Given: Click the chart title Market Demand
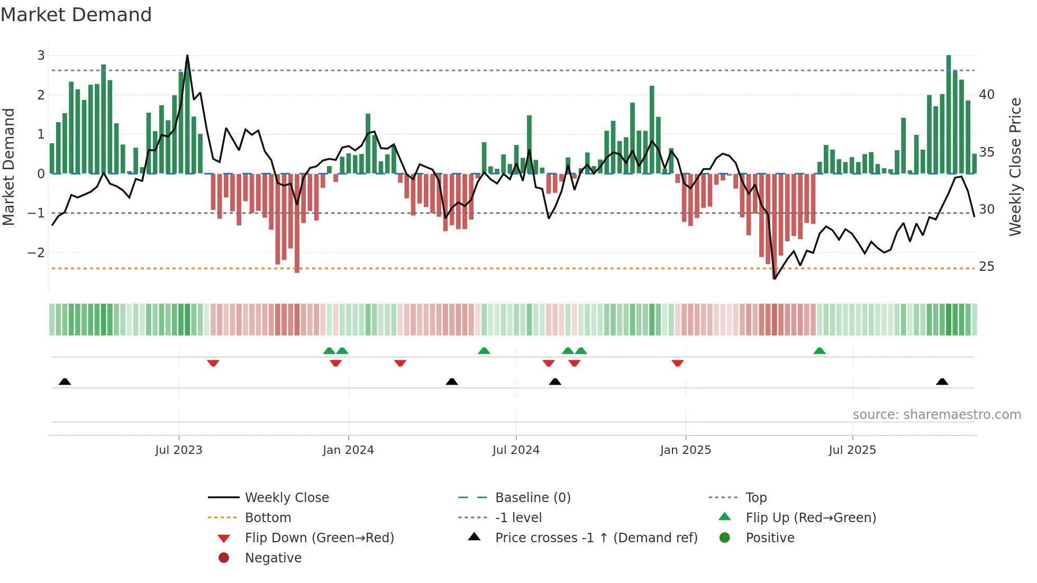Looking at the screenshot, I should [x=76, y=15].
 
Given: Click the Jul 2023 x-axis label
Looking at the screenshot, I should [x=178, y=450].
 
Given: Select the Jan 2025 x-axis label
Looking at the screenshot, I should [x=685, y=450].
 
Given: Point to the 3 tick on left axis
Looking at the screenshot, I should [x=41, y=56].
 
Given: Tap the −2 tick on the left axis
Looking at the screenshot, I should [x=37, y=253].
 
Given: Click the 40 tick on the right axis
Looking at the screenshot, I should [x=987, y=95].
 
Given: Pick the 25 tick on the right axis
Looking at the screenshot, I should [x=987, y=267].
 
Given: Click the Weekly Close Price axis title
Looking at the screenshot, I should [x=1015, y=167].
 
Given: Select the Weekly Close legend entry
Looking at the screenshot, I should [x=286, y=498].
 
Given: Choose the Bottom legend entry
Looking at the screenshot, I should [x=268, y=518].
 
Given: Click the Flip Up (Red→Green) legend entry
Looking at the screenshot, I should [x=811, y=518].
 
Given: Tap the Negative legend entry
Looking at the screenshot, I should [x=273, y=558].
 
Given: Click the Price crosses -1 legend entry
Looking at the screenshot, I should [x=596, y=538].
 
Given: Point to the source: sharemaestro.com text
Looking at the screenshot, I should [x=936, y=415].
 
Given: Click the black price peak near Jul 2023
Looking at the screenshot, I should [x=187, y=56].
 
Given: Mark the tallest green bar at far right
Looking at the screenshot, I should [x=949, y=114].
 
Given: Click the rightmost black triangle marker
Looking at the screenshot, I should [x=942, y=382].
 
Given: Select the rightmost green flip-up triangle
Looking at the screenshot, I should [x=820, y=351].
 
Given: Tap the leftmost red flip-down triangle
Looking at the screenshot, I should [x=213, y=363].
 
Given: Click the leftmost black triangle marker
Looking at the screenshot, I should [x=65, y=382].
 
